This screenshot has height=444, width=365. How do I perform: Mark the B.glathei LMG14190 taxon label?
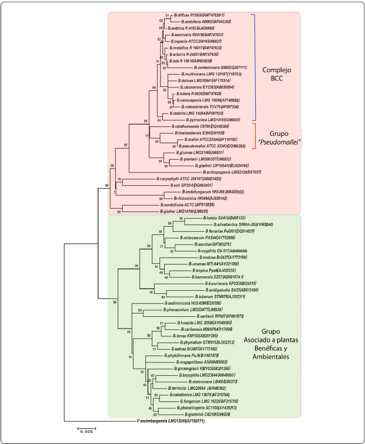pos(176,212)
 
